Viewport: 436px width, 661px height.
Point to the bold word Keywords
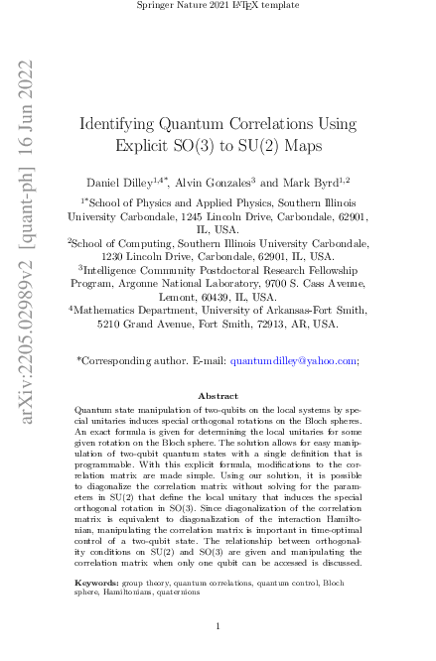[97, 584]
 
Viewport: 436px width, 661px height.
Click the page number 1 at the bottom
[218, 627]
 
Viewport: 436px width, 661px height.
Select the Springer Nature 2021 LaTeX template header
[218, 7]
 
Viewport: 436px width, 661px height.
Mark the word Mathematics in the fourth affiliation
[111, 310]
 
